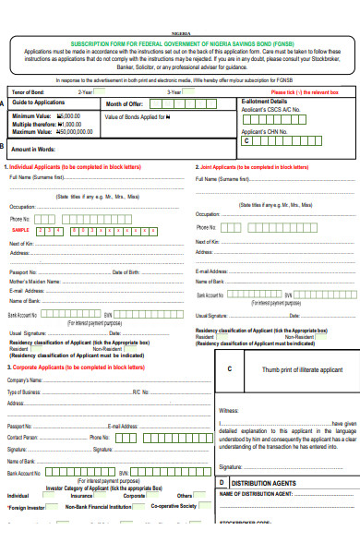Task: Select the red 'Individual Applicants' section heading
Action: click(x=75, y=167)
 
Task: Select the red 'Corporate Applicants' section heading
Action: click(x=75, y=367)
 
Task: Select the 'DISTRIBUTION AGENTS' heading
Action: click(x=262, y=482)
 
